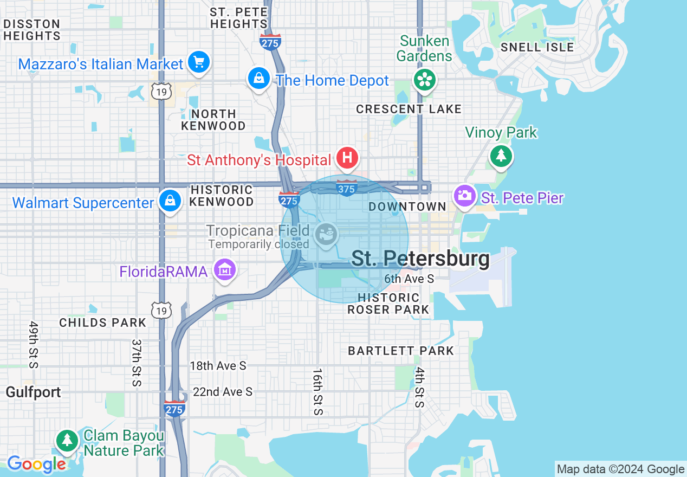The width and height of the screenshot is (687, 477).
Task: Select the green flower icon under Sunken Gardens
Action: [x=425, y=80]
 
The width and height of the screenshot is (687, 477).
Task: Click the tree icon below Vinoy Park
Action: [x=501, y=156]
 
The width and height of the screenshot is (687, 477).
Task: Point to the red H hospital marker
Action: [x=347, y=159]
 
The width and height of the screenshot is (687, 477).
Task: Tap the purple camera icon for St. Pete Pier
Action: [x=464, y=196]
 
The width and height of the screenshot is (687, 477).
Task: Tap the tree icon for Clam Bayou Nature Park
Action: [x=67, y=440]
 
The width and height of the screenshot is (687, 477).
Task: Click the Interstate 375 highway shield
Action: [x=347, y=188]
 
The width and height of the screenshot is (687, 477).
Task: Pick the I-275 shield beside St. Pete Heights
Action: [x=270, y=42]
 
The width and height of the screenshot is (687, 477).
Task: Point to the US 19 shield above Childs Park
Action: [x=161, y=310]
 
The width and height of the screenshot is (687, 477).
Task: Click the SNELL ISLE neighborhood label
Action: [x=537, y=47]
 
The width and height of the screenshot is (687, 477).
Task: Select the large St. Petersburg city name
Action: [x=420, y=259]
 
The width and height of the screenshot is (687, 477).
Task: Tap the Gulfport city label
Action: [x=33, y=392]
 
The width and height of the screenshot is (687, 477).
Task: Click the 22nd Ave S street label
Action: [x=222, y=391]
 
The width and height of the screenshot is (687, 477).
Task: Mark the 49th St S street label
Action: [x=34, y=344]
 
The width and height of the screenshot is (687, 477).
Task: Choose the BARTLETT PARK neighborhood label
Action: [x=400, y=351]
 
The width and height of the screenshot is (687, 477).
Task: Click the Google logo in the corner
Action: [x=36, y=464]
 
